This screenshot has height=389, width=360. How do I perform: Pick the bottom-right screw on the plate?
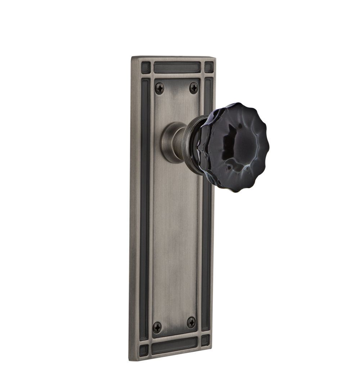pos(192,322)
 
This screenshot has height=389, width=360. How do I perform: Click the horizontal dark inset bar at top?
pos(177,67)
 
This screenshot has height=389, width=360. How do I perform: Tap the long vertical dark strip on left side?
pos(144,205)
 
